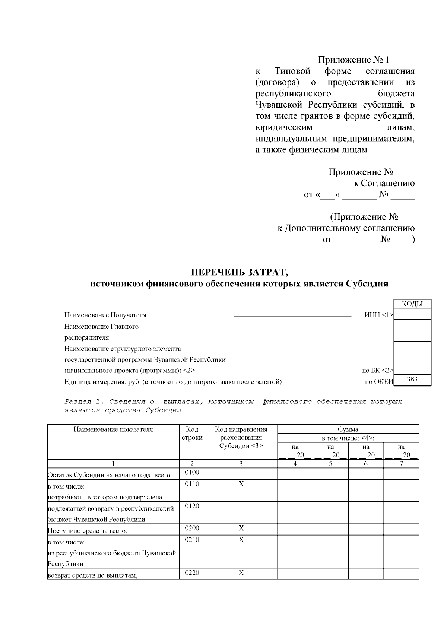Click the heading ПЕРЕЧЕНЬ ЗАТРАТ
click(x=240, y=272)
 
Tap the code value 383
click(x=412, y=379)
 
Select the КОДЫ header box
click(x=412, y=304)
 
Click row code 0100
click(x=192, y=473)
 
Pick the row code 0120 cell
click(x=192, y=506)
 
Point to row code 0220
click(x=192, y=572)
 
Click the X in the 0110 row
click(x=241, y=484)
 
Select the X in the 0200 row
click(x=241, y=528)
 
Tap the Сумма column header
click(x=348, y=429)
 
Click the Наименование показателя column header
click(x=113, y=429)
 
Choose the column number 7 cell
click(x=401, y=464)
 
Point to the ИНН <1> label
click(x=378, y=315)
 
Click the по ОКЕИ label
click(x=379, y=382)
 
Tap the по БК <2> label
click(x=377, y=371)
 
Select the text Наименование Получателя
click(x=105, y=315)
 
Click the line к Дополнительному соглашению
click(x=346, y=228)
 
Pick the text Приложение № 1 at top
click(x=353, y=60)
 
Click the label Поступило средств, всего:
click(x=88, y=531)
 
